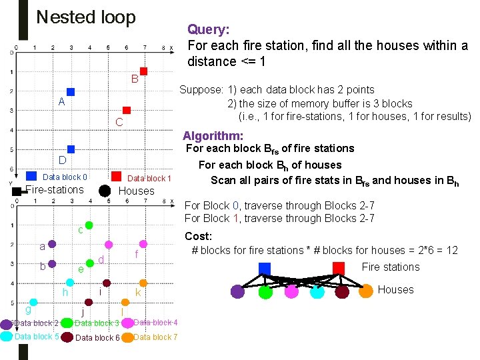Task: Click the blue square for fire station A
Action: click(71, 92)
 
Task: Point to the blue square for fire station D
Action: click(71, 149)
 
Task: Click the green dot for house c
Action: click(89, 226)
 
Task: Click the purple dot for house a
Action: click(51, 245)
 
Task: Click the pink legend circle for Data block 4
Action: click(127, 323)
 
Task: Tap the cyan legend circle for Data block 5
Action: click(6, 337)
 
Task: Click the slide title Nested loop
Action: click(86, 17)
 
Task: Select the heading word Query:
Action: click(209, 29)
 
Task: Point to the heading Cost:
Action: click(198, 236)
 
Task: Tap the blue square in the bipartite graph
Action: click(265, 268)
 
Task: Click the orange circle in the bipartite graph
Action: click(366, 291)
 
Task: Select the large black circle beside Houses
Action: click(105, 191)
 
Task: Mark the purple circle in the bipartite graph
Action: click(238, 291)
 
